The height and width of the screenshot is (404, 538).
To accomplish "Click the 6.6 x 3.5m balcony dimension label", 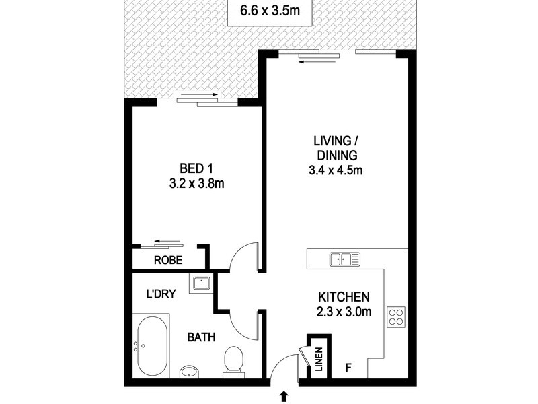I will pyautogui.click(x=270, y=11).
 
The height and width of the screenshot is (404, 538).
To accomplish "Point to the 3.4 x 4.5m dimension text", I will pyautogui.click(x=334, y=170).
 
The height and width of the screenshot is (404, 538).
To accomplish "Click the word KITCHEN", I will pyautogui.click(x=343, y=296).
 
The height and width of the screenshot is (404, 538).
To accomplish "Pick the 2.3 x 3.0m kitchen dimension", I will pyautogui.click(x=343, y=311).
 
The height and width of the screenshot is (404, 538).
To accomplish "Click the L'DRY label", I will pyautogui.click(x=161, y=294).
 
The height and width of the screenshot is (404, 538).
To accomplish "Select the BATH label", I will pyautogui.click(x=201, y=337).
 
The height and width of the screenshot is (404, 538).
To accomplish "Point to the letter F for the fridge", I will pyautogui.click(x=348, y=368).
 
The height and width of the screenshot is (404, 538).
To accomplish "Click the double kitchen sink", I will pyautogui.click(x=345, y=258).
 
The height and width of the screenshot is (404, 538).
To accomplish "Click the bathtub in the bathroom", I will pyautogui.click(x=152, y=347).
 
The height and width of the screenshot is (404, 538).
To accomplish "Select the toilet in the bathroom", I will pyautogui.click(x=233, y=360).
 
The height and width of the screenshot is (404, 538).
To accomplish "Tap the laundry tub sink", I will pyautogui.click(x=200, y=283).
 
